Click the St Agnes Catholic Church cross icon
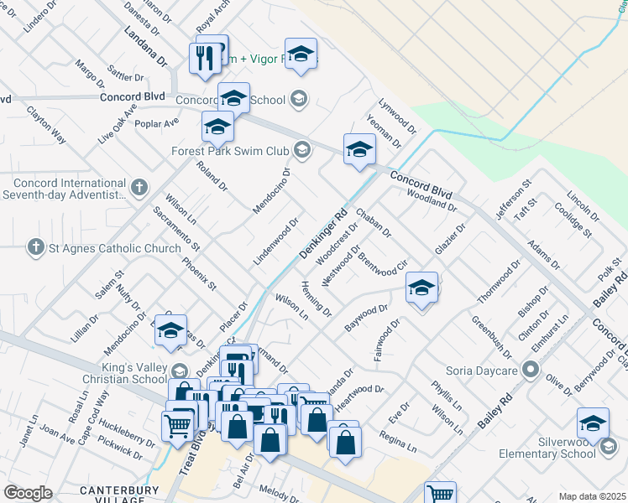[35, 247]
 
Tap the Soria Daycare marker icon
[530, 369]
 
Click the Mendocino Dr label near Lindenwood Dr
[272, 189]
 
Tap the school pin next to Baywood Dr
[421, 288]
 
